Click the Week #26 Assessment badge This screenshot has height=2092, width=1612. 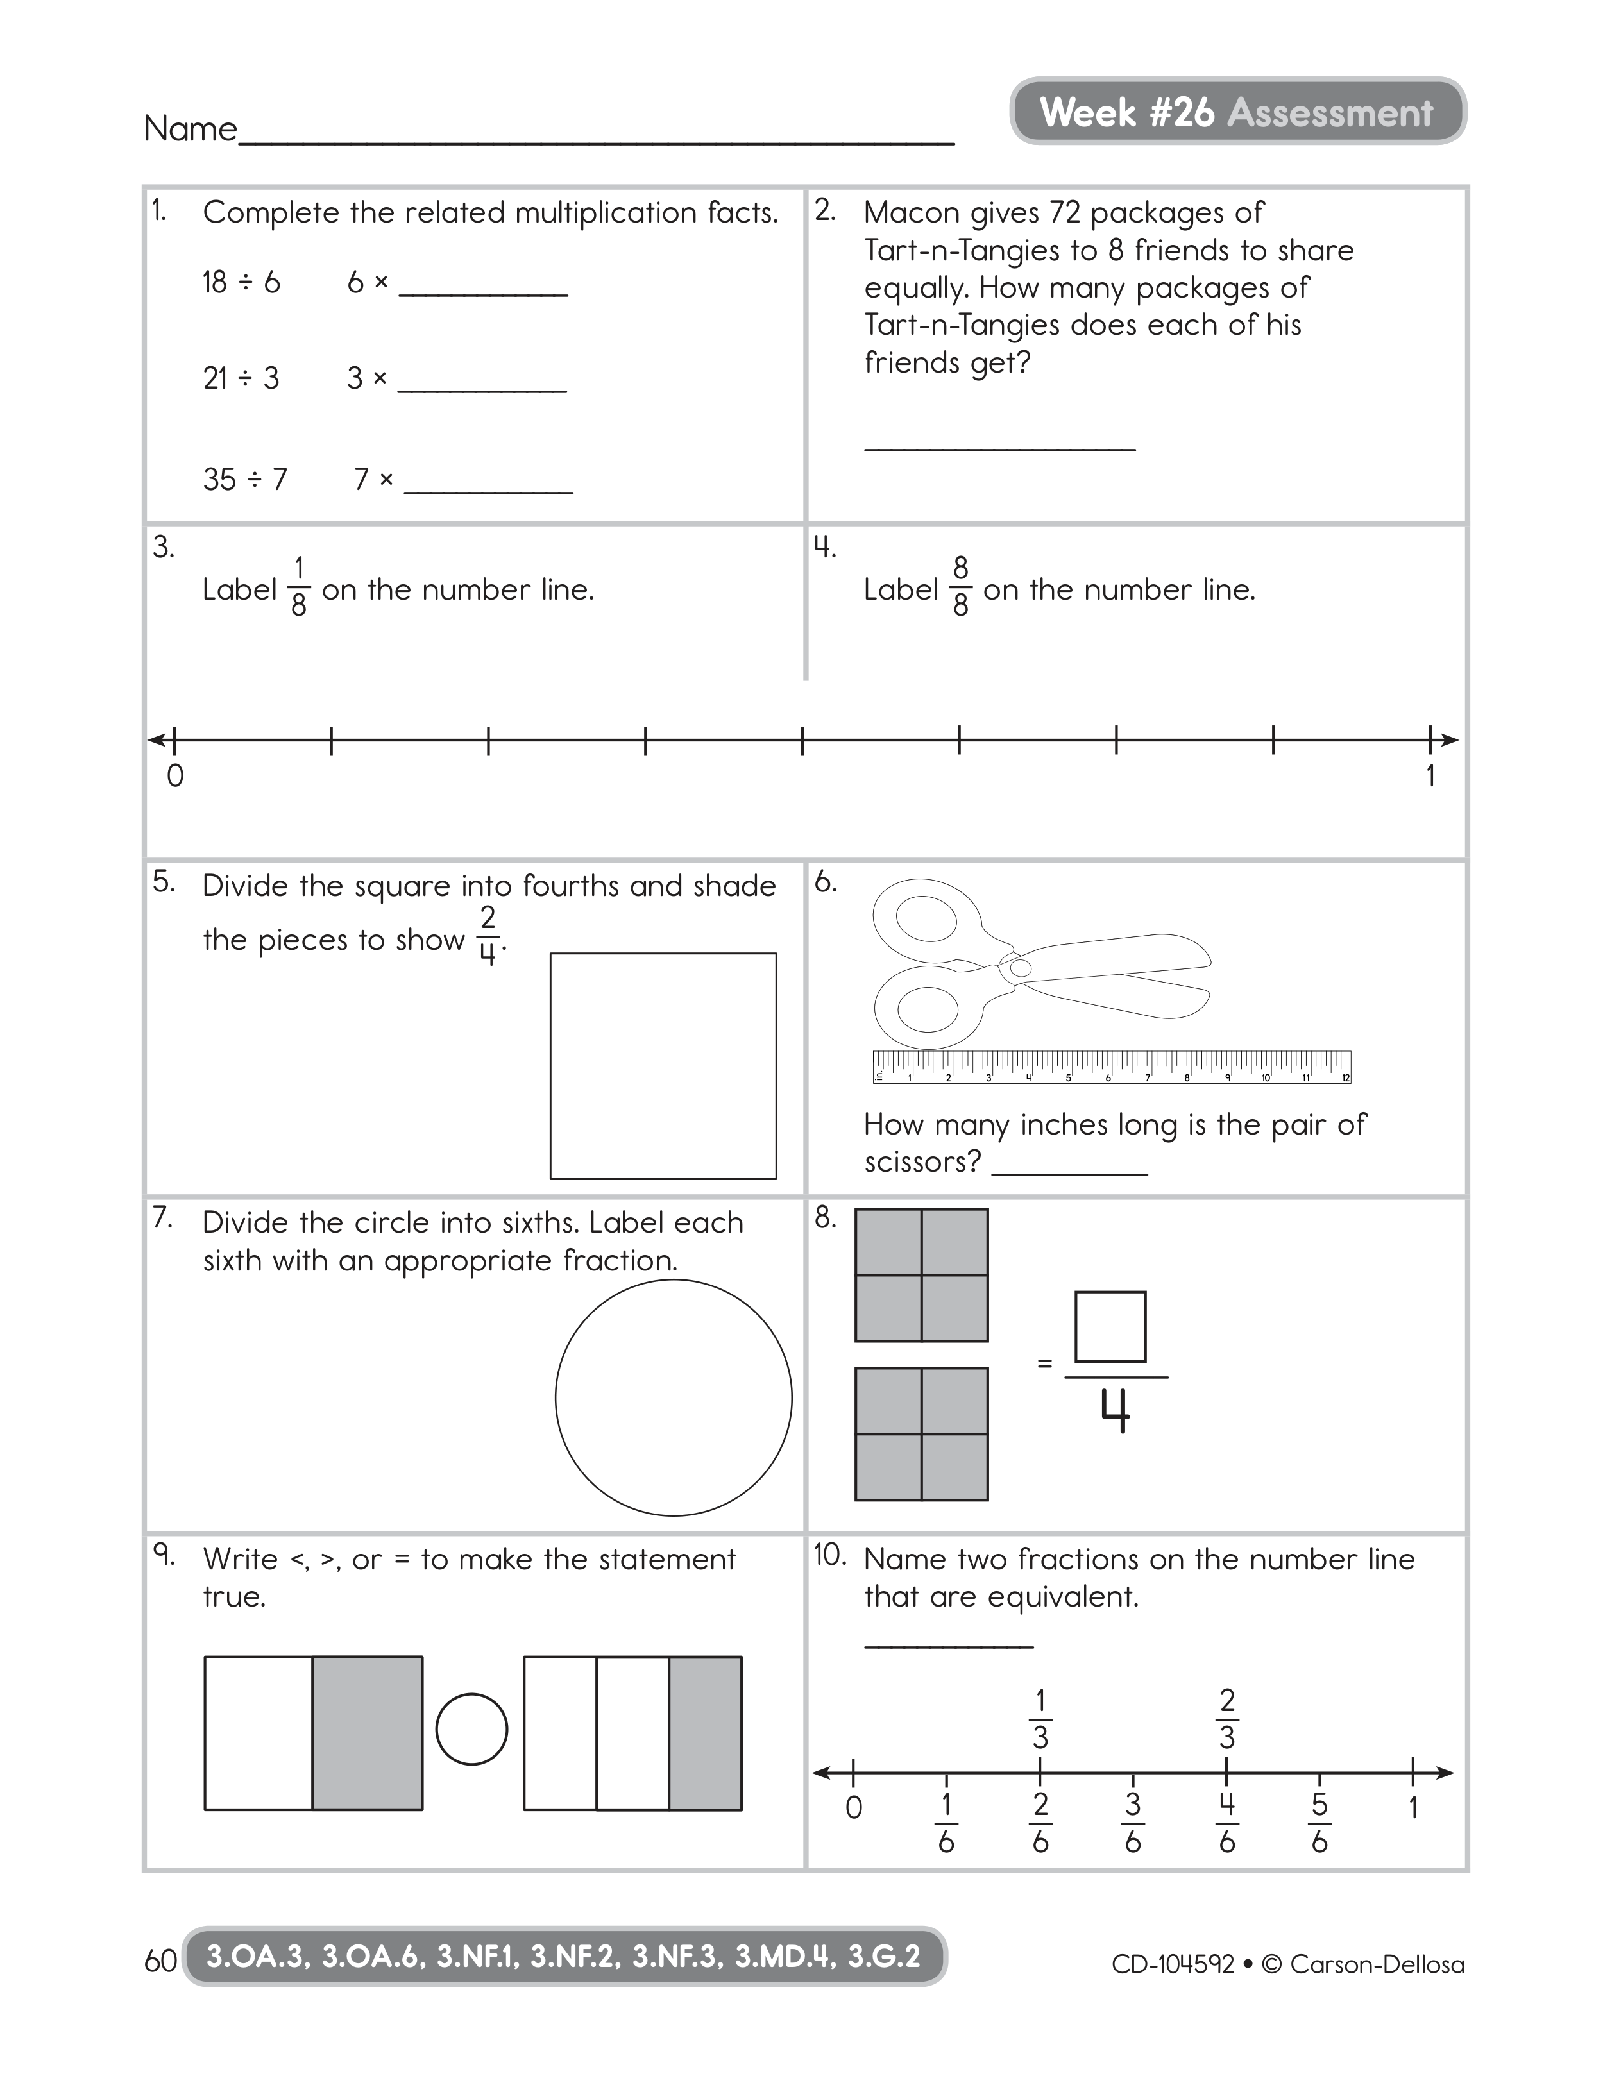[x=1237, y=112]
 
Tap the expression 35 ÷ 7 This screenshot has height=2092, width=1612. [x=245, y=479]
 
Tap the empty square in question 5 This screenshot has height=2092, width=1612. [x=663, y=1065]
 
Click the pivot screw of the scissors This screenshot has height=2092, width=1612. [x=1021, y=968]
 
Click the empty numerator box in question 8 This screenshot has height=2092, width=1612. [x=1110, y=1327]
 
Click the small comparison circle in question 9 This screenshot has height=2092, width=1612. [x=471, y=1729]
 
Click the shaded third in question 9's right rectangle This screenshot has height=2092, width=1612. [x=705, y=1733]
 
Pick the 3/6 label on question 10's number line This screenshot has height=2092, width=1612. [x=1132, y=1823]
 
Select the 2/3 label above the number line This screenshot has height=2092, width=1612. [x=1227, y=1719]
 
